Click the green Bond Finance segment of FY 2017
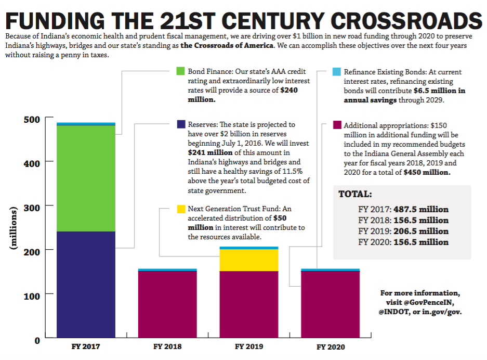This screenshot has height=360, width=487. tap(86, 178)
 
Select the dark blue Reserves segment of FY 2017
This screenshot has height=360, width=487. tap(86, 285)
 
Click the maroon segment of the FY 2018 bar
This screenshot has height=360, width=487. tap(167, 305)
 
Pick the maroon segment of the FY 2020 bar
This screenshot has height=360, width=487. tap(330, 305)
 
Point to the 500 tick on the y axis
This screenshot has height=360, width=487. tap(32, 119)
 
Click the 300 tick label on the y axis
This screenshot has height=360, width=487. tap(32, 207)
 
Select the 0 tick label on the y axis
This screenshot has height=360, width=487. tap(36, 340)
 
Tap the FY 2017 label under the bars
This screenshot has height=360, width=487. tap(86, 346)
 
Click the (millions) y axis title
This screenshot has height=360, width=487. tap(14, 229)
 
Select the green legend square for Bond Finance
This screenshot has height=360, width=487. tap(181, 71)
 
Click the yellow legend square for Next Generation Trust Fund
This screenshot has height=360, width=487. tap(181, 209)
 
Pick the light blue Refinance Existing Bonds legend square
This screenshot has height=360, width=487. tap(337, 72)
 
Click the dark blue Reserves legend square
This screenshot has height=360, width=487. tap(181, 124)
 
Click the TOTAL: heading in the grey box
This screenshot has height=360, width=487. tap(355, 195)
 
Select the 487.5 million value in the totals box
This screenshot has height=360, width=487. tap(420, 209)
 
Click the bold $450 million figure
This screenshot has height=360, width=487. tap(427, 172)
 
